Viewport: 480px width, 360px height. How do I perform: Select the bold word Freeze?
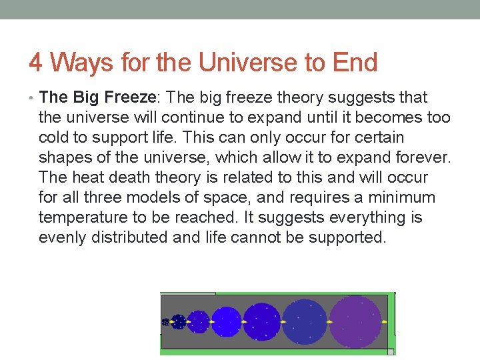coord(129,97)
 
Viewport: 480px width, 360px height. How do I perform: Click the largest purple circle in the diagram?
coord(355,322)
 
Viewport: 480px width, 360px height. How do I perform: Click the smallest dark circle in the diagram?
coord(165,322)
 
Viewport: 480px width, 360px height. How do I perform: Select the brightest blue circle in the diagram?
coord(226,322)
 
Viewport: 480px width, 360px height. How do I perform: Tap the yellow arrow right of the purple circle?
coord(385,322)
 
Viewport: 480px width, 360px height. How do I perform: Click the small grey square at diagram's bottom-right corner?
coord(391,351)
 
